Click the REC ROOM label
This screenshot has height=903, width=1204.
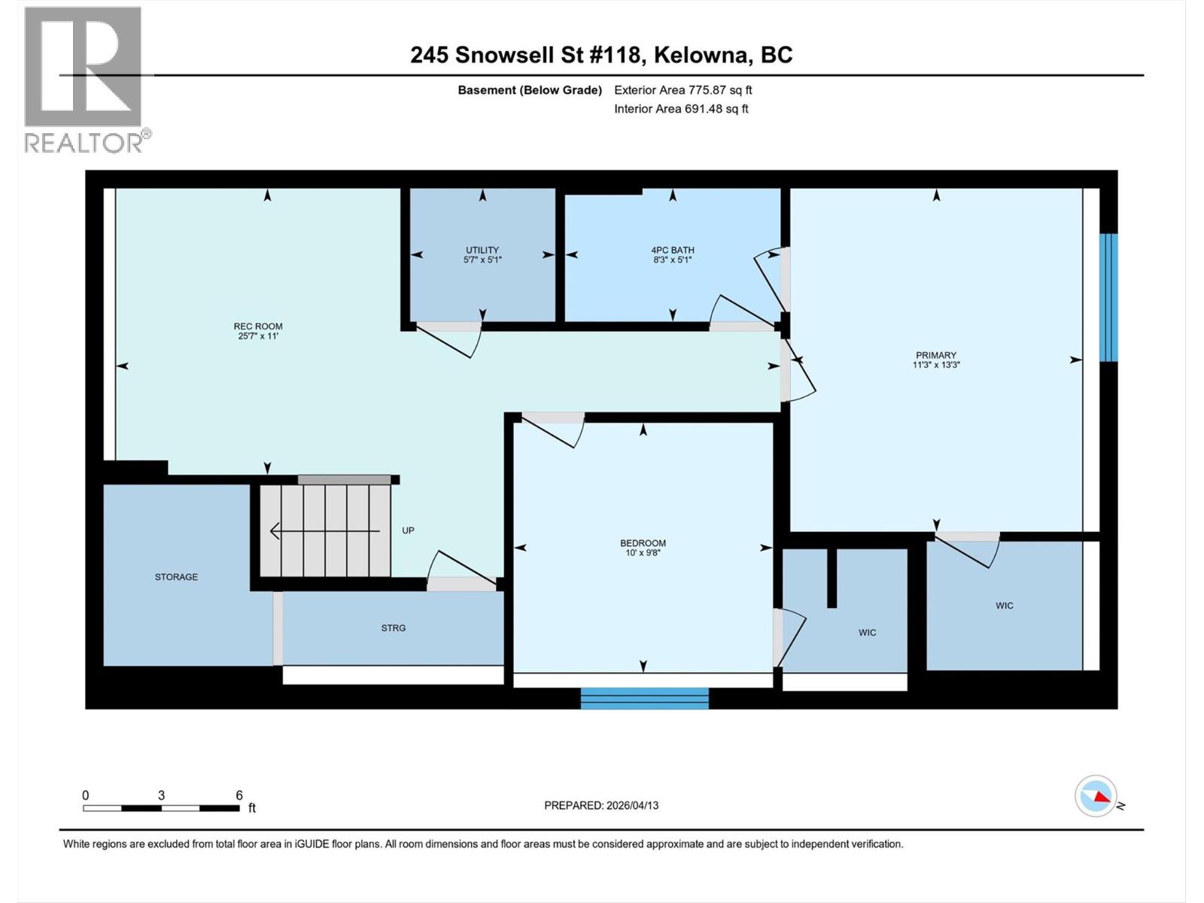[258, 331]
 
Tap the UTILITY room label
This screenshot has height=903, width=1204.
[482, 254]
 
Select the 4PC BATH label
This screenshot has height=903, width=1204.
[673, 254]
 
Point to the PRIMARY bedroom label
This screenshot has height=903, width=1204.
[936, 360]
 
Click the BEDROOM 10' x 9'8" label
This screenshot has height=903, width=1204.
[643, 547]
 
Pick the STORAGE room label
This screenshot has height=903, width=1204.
[176, 577]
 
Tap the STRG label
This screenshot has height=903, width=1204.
[393, 628]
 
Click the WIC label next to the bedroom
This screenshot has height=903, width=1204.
[867, 633]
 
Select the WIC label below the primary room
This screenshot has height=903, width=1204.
[1004, 606]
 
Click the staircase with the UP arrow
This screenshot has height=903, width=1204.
[326, 531]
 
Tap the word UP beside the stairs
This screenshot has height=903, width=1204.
[408, 531]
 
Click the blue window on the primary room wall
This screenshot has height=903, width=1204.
[1108, 297]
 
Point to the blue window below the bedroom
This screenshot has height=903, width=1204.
[644, 698]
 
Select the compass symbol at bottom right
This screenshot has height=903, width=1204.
[1096, 796]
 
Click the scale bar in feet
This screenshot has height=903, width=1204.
[161, 808]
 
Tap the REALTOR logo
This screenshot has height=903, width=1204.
[84, 79]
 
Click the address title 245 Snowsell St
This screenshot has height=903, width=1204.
[600, 55]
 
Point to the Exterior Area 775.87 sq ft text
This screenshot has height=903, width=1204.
[683, 90]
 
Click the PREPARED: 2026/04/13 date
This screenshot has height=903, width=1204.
[600, 805]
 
